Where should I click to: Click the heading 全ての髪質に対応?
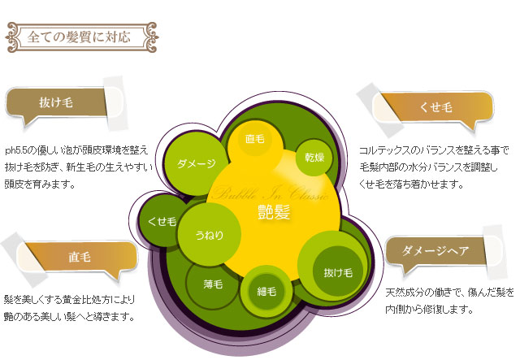pyautogui.click(x=79, y=37)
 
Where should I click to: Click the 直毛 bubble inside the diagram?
pyautogui.click(x=254, y=139)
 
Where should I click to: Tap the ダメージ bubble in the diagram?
pyautogui.click(x=197, y=163)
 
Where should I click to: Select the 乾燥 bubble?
pyautogui.click(x=314, y=158)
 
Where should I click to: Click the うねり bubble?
pyautogui.click(x=210, y=235)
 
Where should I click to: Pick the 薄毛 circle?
pyautogui.click(x=213, y=284)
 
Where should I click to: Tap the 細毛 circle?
pyautogui.click(x=266, y=291)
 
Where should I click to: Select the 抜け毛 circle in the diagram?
pyautogui.click(x=338, y=273)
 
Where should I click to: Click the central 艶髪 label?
pyautogui.click(x=274, y=212)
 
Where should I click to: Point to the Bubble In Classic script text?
pyautogui.click(x=271, y=193)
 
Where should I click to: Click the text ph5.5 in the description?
pyautogui.click(x=15, y=151)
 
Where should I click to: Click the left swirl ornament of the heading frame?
pyautogui.click(x=14, y=37)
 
